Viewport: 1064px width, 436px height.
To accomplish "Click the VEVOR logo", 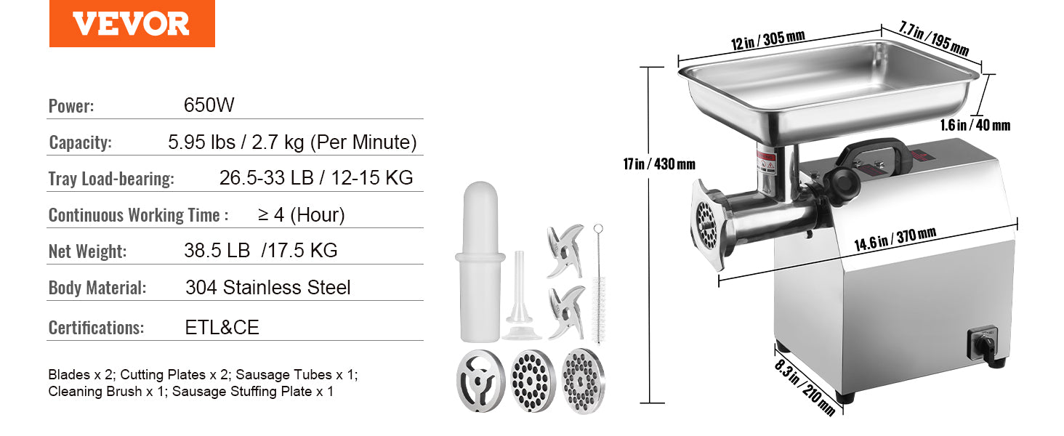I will (132, 24).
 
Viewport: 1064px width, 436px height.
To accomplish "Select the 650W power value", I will (209, 105).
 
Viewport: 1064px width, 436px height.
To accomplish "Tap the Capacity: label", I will (80, 142).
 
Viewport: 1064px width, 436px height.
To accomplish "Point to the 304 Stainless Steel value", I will (267, 288).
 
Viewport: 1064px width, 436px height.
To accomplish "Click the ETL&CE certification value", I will (222, 328).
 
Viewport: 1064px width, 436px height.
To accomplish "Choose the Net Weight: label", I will (87, 251).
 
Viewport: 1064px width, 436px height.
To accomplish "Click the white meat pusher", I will (480, 262).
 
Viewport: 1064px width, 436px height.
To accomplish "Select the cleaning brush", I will (598, 283).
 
